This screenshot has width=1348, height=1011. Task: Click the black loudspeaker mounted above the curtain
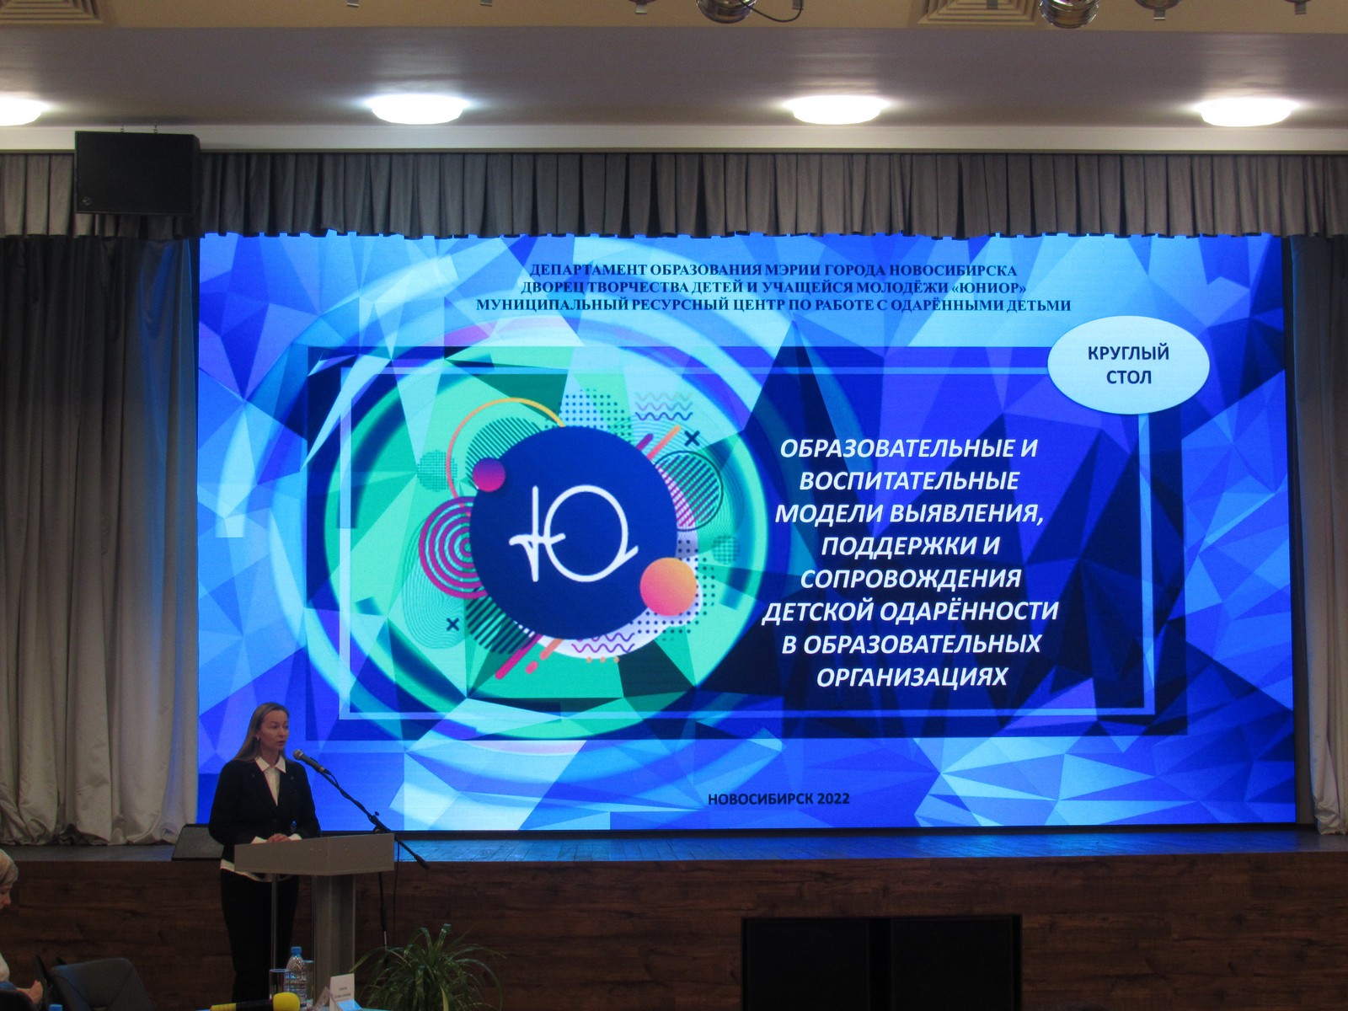pos(137,173)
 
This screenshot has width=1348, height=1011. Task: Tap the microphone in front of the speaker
pos(310,761)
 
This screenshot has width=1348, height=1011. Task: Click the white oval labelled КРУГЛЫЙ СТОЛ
pos(1128,366)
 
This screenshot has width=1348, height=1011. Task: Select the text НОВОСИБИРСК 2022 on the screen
pos(778,799)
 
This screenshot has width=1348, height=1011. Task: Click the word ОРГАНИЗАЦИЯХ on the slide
pos(912,676)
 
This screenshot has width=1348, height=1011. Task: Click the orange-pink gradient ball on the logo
pos(668,587)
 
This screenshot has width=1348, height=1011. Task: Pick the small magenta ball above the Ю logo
pos(489,474)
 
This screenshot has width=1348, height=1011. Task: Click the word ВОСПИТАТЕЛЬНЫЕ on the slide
pos(910,480)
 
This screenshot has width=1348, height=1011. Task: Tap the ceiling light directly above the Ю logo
pos(418,108)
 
